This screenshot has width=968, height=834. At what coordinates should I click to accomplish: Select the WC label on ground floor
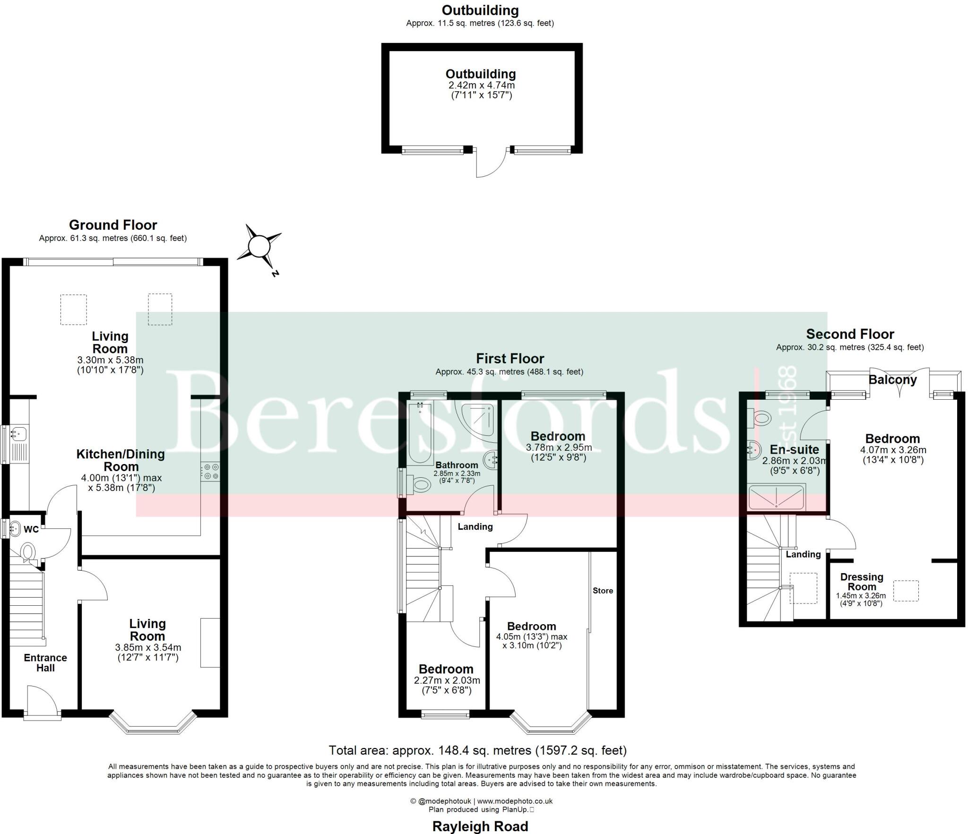pyautogui.click(x=31, y=529)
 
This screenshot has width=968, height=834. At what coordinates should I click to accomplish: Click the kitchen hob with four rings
pyautogui.click(x=210, y=472)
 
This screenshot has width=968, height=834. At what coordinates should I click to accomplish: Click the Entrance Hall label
pyautogui.click(x=45, y=662)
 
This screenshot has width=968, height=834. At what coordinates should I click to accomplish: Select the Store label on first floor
pyautogui.click(x=603, y=591)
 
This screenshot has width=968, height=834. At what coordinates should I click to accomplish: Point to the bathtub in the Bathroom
pyautogui.click(x=420, y=433)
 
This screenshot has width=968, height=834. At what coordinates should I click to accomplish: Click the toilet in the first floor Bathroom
pyautogui.click(x=420, y=484)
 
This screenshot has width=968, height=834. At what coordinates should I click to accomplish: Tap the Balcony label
pyautogui.click(x=892, y=380)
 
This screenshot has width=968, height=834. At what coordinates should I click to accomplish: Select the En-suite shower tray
pyautogui.click(x=776, y=497)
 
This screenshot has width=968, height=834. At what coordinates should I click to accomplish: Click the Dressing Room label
pyautogui.click(x=861, y=582)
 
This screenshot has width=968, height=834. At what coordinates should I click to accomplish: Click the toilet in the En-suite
pyautogui.click(x=761, y=418)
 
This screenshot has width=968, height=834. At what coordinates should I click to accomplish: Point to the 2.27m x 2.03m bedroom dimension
pyautogui.click(x=447, y=680)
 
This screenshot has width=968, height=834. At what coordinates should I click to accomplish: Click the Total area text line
pyautogui.click(x=477, y=750)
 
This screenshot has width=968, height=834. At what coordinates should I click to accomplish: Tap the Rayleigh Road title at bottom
pyautogui.click(x=480, y=826)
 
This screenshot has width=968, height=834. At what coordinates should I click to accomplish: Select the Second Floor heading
pyautogui.click(x=850, y=334)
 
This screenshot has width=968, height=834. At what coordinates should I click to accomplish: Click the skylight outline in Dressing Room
pyautogui.click(x=906, y=591)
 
